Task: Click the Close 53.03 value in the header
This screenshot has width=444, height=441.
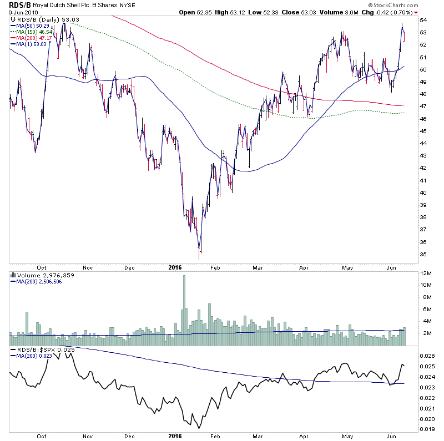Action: (x=293, y=12)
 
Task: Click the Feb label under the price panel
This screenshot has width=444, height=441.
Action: (x=215, y=266)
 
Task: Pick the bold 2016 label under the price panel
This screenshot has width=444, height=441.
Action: (x=175, y=266)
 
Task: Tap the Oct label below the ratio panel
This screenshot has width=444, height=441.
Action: (x=42, y=436)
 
